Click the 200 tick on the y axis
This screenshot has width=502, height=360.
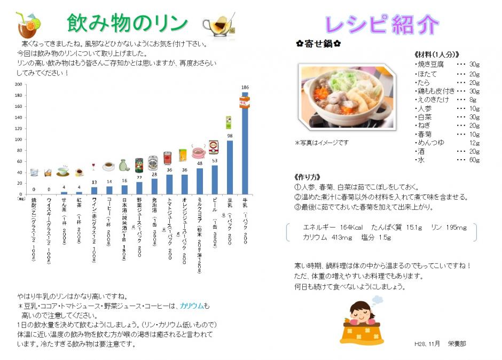[x=19, y=84]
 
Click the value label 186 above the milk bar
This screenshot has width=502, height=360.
[x=245, y=88]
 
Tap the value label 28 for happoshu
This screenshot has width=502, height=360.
[x=154, y=174]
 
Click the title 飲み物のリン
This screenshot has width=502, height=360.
[x=128, y=23]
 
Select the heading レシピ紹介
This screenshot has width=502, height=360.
[x=382, y=25]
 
